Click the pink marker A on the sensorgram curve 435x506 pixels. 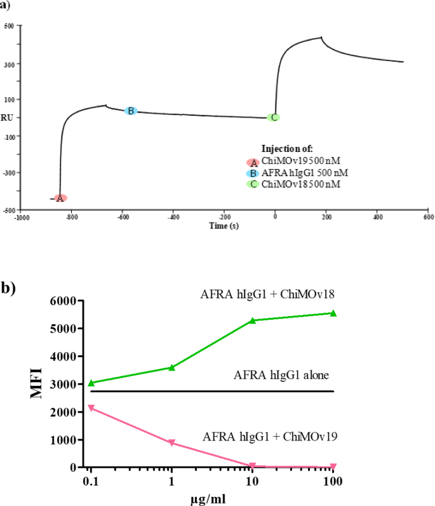pos(60,198)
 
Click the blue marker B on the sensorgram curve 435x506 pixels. pos(130,111)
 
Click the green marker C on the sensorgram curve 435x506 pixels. pos(273,117)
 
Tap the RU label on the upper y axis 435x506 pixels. pos(8,118)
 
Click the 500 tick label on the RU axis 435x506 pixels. pos(9,27)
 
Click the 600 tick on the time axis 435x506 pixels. pos(428,216)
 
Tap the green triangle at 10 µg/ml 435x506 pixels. pos(253,320)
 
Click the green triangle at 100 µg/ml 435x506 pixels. pos(333,313)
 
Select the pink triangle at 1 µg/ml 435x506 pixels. pos(172,443)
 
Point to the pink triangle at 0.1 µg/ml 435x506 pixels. pos(91,407)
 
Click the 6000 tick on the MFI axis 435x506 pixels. pos(65,301)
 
